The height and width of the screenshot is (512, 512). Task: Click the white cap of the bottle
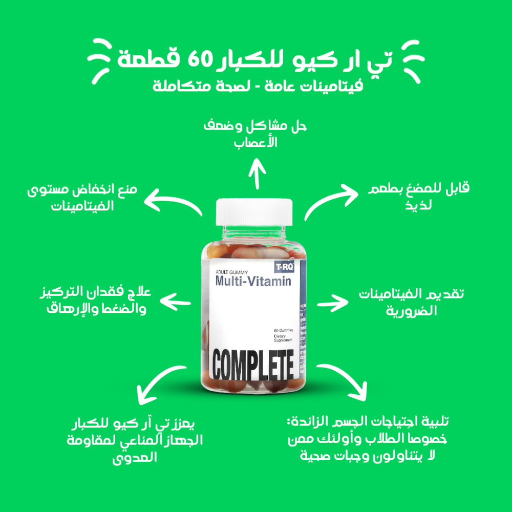pos(254,212)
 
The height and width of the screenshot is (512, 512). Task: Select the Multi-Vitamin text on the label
pos(253,281)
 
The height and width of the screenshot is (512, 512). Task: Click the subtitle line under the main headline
pos(258,86)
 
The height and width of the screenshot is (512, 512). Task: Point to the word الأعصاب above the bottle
pos(255,142)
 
